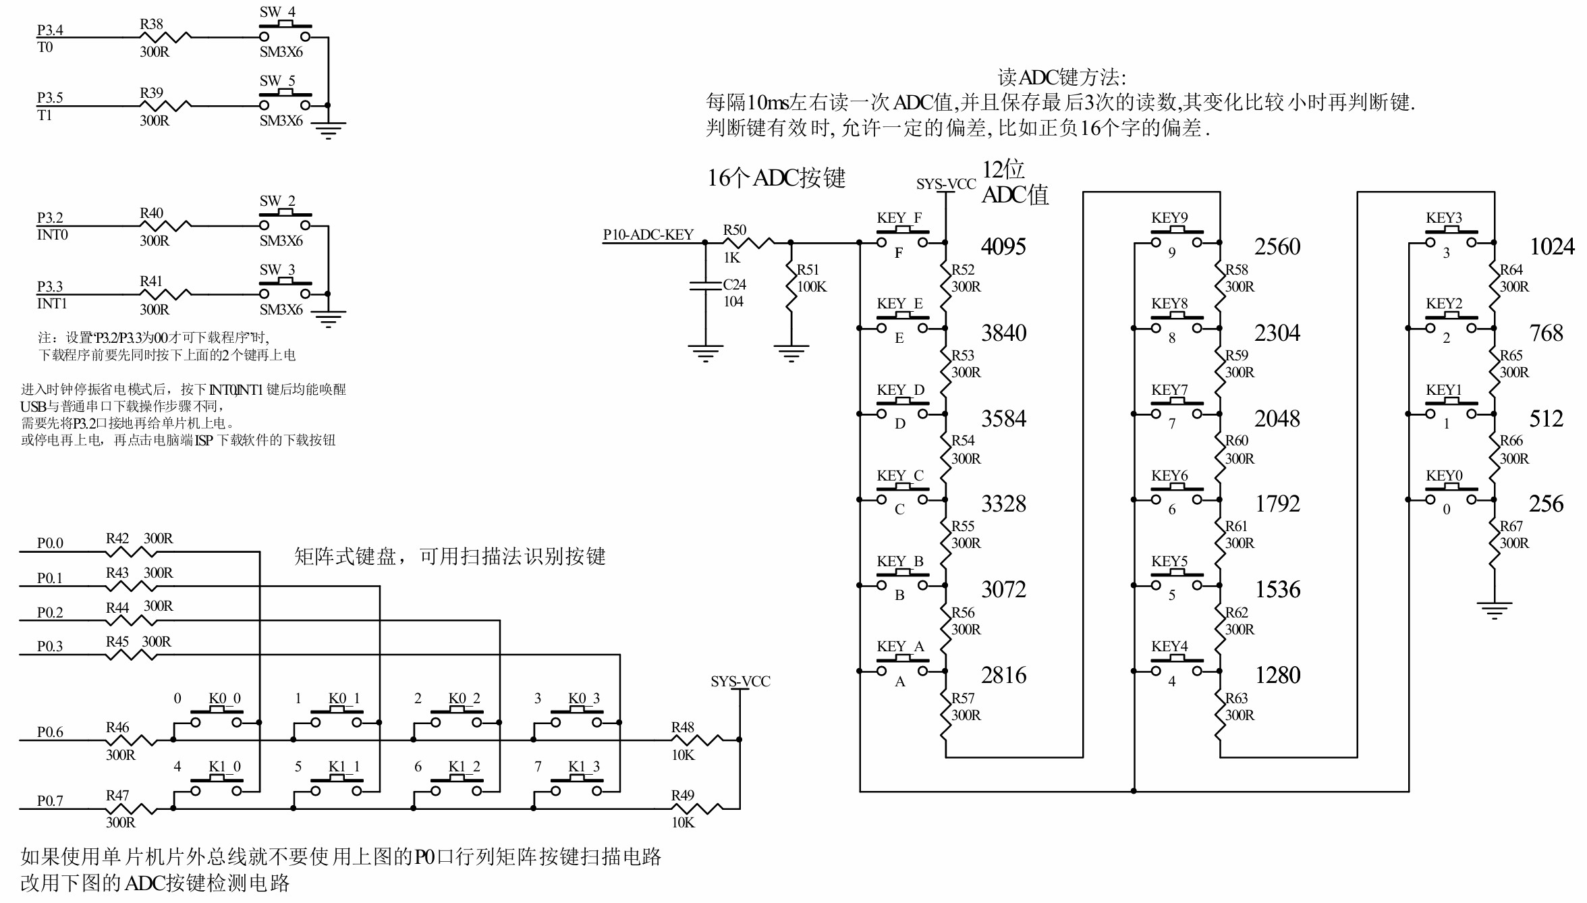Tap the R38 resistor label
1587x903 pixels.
(x=151, y=24)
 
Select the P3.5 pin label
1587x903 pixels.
(x=50, y=98)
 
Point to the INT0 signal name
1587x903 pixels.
(x=52, y=235)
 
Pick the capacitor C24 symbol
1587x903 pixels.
(x=706, y=286)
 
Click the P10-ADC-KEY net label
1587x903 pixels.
(x=648, y=235)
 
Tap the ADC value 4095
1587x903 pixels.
(x=1003, y=247)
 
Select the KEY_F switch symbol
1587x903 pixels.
(x=902, y=239)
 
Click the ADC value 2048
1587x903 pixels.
(x=1277, y=419)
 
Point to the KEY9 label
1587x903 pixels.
(x=1169, y=218)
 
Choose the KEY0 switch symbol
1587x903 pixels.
(x=1451, y=496)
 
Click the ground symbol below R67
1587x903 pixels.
(x=1494, y=610)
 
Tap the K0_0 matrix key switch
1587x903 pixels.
(x=216, y=719)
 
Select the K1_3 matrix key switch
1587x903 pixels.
(x=576, y=787)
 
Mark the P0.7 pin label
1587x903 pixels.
(x=50, y=801)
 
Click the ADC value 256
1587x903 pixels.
(x=1546, y=504)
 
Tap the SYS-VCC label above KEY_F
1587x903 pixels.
(x=946, y=184)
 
